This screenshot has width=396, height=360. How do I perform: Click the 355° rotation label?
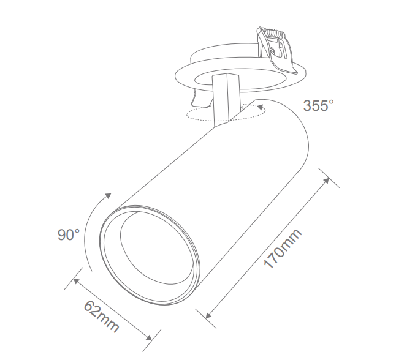319,105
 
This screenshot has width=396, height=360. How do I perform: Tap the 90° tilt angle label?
69,234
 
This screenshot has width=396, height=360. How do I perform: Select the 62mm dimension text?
101,318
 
